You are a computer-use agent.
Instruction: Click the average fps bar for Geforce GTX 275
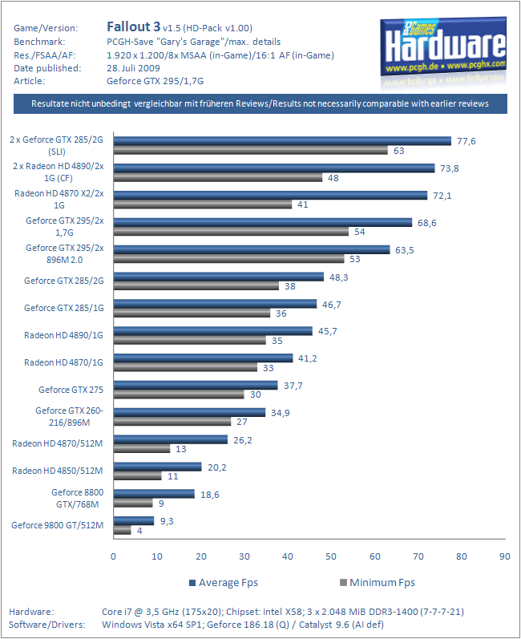(x=196, y=385)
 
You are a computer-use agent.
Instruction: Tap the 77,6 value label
(x=466, y=140)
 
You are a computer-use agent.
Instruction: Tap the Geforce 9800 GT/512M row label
(x=58, y=525)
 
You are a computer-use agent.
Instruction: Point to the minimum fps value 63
(x=398, y=150)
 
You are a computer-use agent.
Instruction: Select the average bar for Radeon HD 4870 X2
(x=270, y=195)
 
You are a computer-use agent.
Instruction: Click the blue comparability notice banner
(x=260, y=104)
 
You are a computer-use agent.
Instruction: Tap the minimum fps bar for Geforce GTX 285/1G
(x=192, y=313)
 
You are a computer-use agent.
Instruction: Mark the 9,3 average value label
(x=168, y=520)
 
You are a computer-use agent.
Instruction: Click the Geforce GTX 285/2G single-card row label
(x=64, y=281)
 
